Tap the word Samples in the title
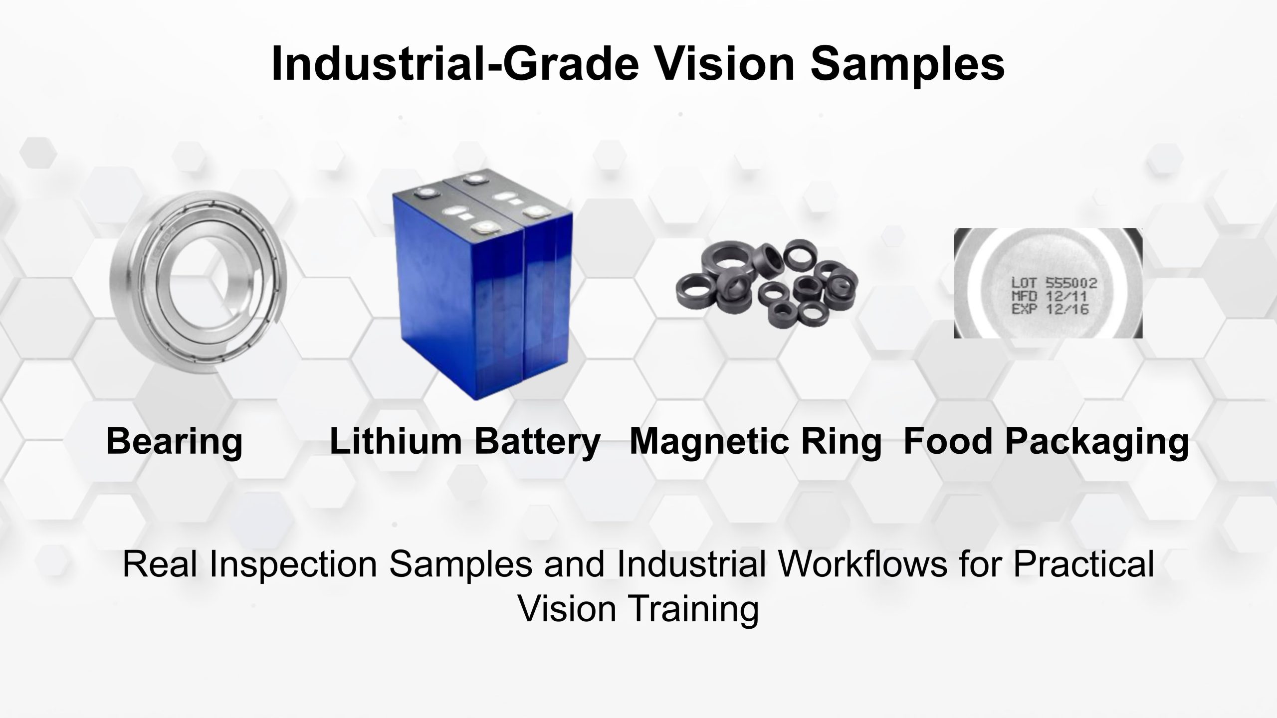[907, 65]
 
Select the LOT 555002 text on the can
[1054, 283]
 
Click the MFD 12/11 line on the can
[1049, 296]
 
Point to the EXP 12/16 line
[1050, 309]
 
